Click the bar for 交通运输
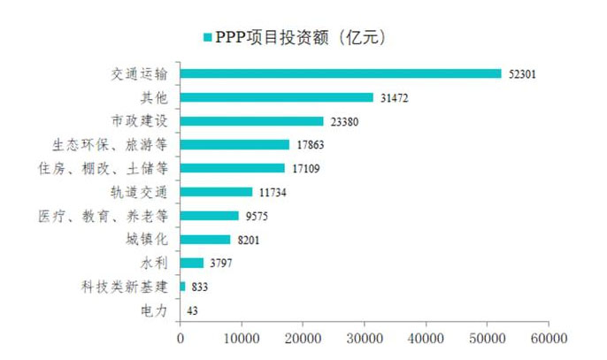click(341, 73)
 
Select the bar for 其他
click(276, 97)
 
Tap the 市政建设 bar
click(251, 121)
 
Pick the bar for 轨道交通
click(216, 191)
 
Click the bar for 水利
click(191, 263)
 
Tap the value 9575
click(256, 215)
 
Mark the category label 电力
click(151, 310)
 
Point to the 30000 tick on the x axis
click(363, 337)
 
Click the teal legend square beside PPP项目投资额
click(207, 37)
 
